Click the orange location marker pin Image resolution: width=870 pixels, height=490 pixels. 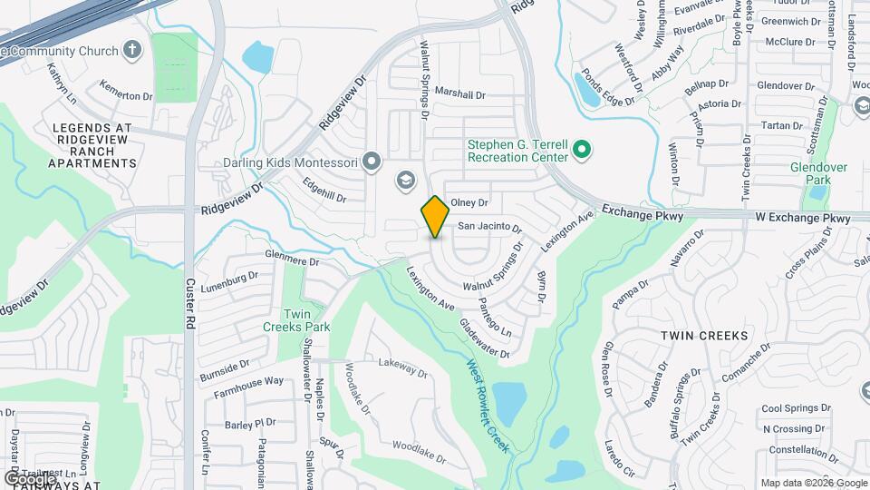[435, 216]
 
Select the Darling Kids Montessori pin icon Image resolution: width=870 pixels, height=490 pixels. [371, 162]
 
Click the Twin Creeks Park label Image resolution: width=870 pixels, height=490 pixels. [296, 319]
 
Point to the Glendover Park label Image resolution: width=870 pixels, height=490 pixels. [817, 173]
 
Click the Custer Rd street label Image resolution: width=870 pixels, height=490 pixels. [191, 296]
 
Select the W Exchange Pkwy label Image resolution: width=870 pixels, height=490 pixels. [803, 219]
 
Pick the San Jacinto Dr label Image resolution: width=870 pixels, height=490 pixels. [489, 226]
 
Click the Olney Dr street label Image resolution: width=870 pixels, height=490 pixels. [469, 203]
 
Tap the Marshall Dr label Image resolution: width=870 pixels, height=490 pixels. [459, 93]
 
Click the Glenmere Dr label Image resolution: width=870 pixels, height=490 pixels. [292, 259]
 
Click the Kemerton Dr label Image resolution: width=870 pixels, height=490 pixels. [126, 95]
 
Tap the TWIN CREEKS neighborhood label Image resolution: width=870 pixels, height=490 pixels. [704, 336]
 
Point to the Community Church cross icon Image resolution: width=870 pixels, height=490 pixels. [132, 49]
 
